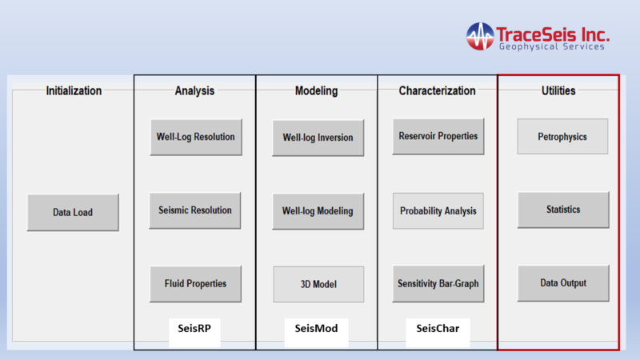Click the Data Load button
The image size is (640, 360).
coord(73,212)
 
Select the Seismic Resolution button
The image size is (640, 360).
coord(195,210)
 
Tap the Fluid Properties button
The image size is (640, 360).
coord(195,284)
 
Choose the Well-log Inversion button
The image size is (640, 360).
coord(318,138)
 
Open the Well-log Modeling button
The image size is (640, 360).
coord(318,211)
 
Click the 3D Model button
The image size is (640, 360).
coord(318,284)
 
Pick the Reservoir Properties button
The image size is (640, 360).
coord(438,136)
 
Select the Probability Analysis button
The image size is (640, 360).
coord(438,210)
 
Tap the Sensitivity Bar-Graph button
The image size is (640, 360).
coord(438,284)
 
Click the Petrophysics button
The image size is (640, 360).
coord(562,136)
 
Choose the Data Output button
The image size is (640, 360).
coord(563,283)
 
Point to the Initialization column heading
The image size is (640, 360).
coord(74,90)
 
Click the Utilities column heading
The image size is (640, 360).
coord(558,90)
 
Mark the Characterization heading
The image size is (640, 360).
coord(437,90)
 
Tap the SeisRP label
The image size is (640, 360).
coord(194,328)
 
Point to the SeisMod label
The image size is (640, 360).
coord(316,328)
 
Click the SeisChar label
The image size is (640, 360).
coord(438,328)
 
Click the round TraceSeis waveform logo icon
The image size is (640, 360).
coord(480,36)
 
